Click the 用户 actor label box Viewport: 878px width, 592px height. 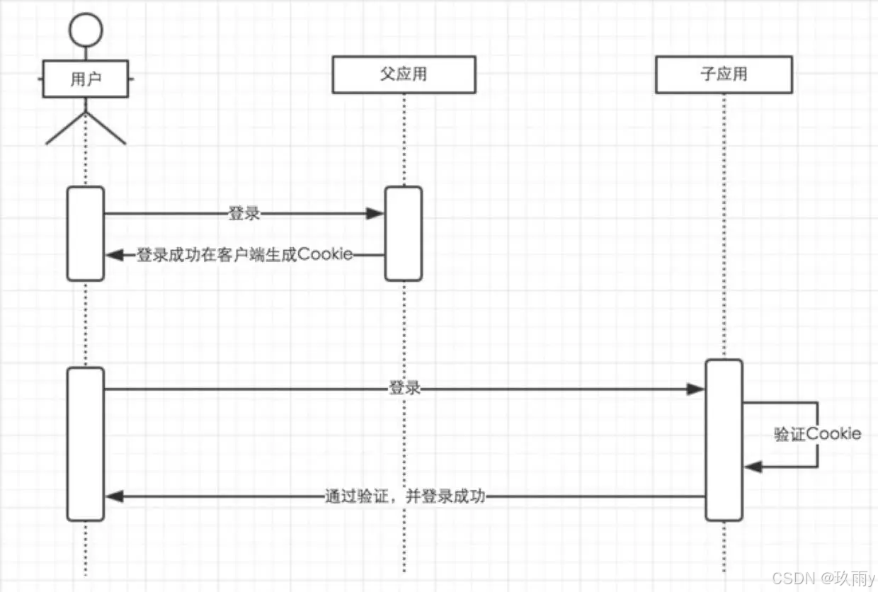point(86,79)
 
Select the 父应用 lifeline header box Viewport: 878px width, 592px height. point(404,74)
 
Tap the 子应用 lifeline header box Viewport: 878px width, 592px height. point(723,74)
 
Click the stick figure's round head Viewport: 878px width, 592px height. point(86,29)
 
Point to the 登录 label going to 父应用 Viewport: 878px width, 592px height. point(244,213)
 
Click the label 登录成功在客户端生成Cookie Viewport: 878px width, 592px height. point(244,255)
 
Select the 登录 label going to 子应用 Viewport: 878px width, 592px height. point(404,389)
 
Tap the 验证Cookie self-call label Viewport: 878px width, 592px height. point(817,433)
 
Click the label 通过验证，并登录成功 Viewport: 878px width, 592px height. point(404,496)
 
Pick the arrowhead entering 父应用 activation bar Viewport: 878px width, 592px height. point(376,213)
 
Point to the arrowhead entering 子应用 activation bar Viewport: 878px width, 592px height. point(697,389)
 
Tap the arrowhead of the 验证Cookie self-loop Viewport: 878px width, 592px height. point(753,467)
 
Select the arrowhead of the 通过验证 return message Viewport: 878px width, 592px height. point(114,496)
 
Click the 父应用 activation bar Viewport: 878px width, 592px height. point(404,234)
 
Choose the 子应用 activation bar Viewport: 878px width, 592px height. point(724,440)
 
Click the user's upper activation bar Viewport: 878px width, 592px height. point(86,234)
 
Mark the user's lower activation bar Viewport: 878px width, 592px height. point(86,444)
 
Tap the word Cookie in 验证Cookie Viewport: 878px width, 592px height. point(834,433)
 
